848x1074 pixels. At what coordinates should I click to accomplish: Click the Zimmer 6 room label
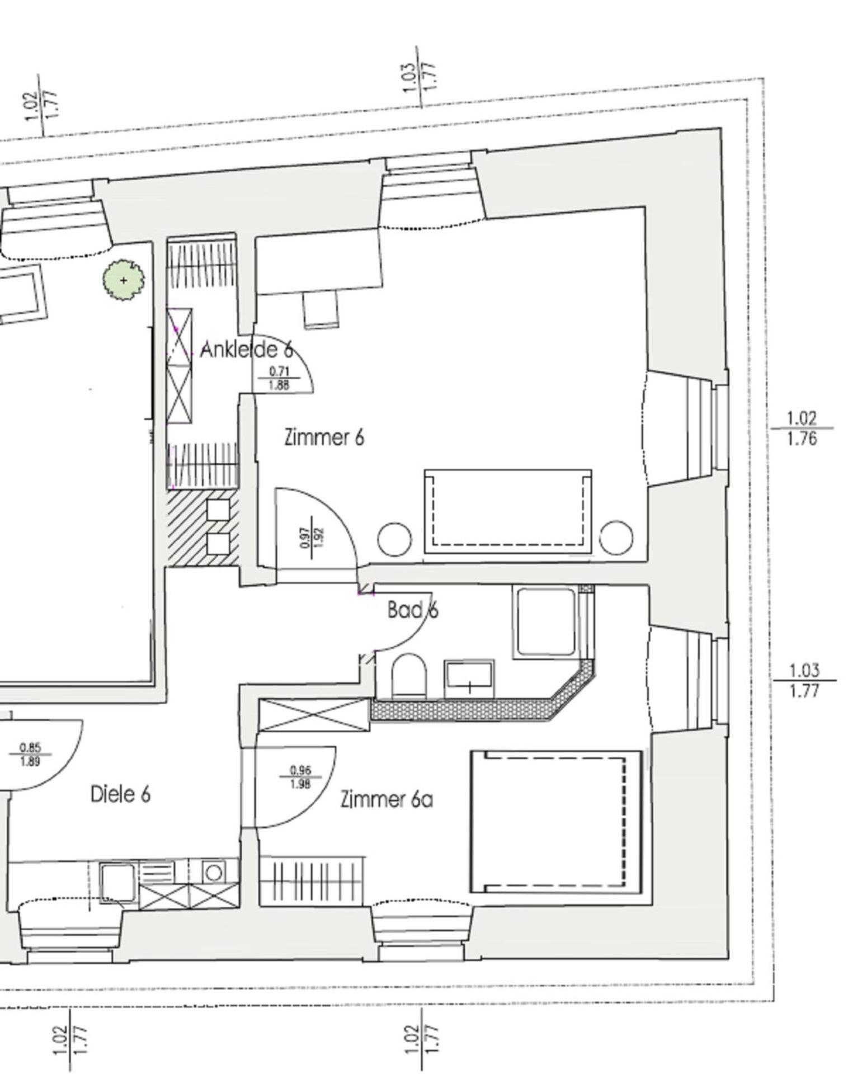pos(324,437)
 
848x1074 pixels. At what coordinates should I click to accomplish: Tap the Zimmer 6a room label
pos(387,799)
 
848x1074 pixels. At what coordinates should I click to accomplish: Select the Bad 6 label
pos(413,610)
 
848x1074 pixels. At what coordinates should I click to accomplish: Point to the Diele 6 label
pos(120,794)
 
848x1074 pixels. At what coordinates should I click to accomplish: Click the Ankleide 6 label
pos(246,350)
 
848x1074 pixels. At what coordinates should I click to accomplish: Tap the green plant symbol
pos(123,280)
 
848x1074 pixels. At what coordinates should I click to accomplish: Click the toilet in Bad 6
pos(409,677)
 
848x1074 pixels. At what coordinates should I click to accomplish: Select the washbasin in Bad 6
pos(469,679)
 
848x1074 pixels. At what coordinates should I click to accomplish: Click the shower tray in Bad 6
pos(546,622)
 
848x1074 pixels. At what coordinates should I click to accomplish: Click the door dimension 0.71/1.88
pos(279,378)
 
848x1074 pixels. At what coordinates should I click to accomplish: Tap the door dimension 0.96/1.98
pos(300,778)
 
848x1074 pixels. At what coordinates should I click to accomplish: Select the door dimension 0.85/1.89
pos(30,755)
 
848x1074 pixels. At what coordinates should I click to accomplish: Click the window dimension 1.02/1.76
pos(802,428)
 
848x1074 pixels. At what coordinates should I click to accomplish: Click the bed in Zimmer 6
pos(508,511)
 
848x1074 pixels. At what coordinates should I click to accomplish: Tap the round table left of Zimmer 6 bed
pos(394,539)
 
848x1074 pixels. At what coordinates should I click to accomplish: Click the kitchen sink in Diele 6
pos(117,882)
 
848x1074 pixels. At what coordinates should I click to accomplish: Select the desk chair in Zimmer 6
pos(321,309)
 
